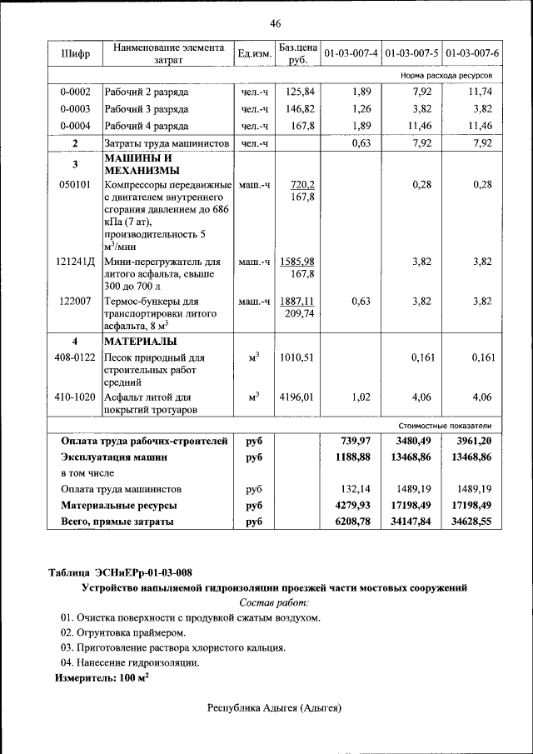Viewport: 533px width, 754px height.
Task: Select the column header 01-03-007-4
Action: [x=351, y=54]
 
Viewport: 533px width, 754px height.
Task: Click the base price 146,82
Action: [x=298, y=109]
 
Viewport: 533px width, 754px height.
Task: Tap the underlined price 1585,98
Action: [x=297, y=262]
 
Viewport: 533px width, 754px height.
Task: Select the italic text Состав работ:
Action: [x=274, y=602]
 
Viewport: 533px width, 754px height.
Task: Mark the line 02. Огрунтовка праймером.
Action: [x=122, y=633]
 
